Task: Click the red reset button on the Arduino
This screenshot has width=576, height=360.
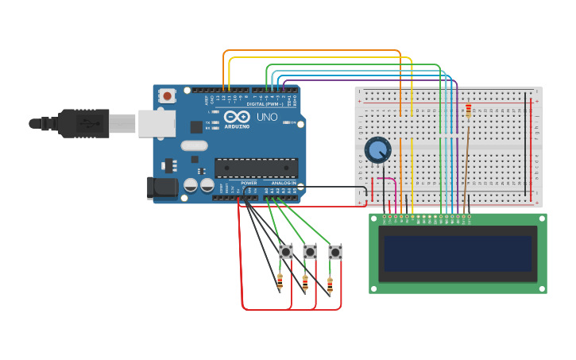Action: coord(167,95)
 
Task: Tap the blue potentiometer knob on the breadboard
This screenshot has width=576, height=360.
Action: coord(377,149)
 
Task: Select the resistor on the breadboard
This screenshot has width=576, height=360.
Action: coord(468,110)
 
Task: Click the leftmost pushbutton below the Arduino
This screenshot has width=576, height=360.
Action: coord(286,252)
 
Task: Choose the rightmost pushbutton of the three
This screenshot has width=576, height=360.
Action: coord(335,252)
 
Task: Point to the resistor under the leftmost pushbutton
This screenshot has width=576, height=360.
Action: coord(280,281)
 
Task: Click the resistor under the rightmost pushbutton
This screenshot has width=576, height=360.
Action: coord(330,285)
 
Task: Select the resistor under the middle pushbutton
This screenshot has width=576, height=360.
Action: coord(305,283)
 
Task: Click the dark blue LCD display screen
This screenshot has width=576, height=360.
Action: coord(457,254)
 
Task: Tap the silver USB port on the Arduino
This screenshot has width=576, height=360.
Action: coord(157,123)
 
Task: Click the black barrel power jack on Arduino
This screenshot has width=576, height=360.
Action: coord(161,188)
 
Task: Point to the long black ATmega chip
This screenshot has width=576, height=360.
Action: coord(256,168)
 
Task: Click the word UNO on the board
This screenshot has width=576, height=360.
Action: coord(268,117)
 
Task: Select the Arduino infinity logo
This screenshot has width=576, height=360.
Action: coord(236,117)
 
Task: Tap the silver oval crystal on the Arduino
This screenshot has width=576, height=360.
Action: coord(194,145)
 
